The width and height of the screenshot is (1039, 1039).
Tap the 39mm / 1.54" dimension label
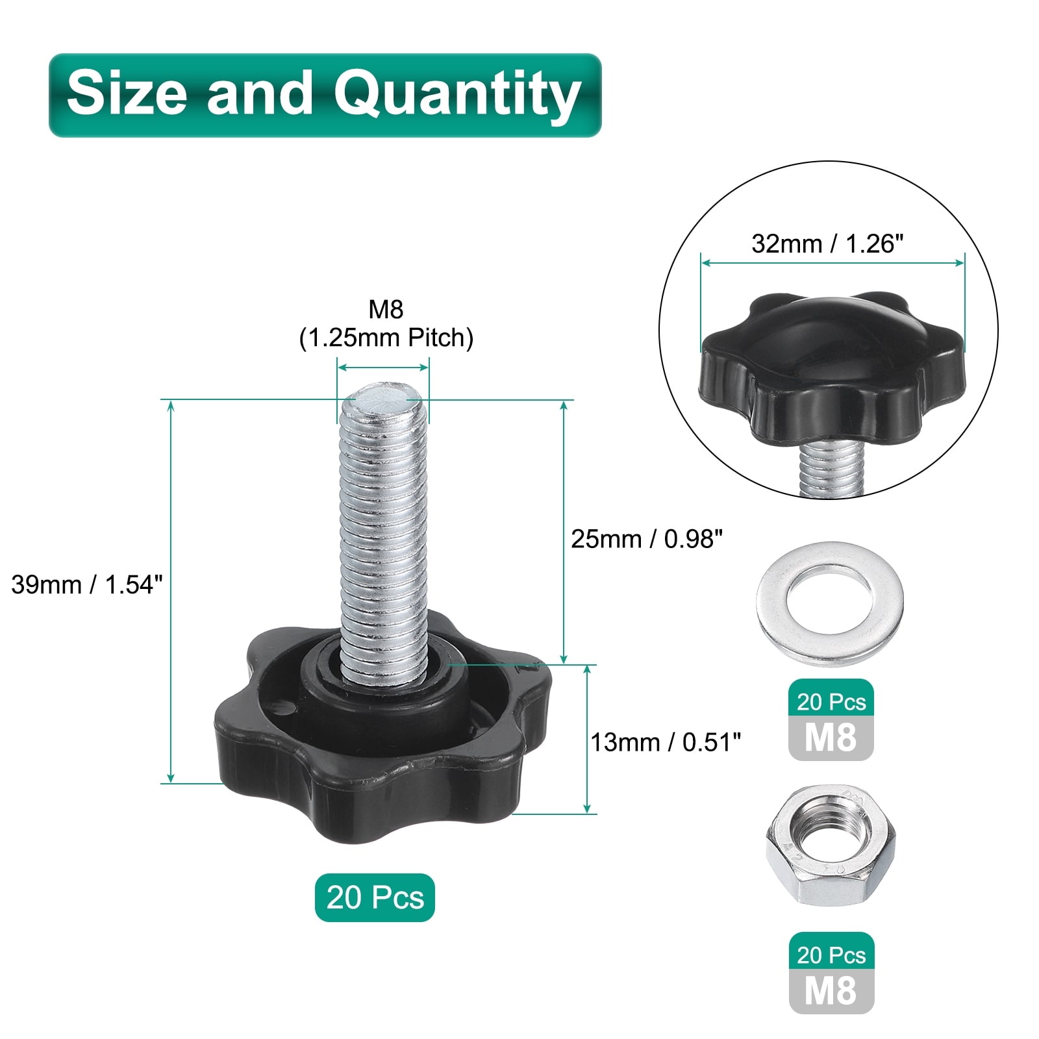pyautogui.click(x=86, y=584)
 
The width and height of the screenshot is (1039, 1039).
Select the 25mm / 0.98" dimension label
pyautogui.click(x=647, y=538)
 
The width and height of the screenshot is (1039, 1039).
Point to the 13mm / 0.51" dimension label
pyautogui.click(x=666, y=742)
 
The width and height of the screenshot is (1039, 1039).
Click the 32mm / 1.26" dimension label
pyautogui.click(x=827, y=244)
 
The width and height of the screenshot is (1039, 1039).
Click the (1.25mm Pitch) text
pyautogui.click(x=386, y=338)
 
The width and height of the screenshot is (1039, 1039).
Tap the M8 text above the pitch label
pyautogui.click(x=386, y=309)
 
